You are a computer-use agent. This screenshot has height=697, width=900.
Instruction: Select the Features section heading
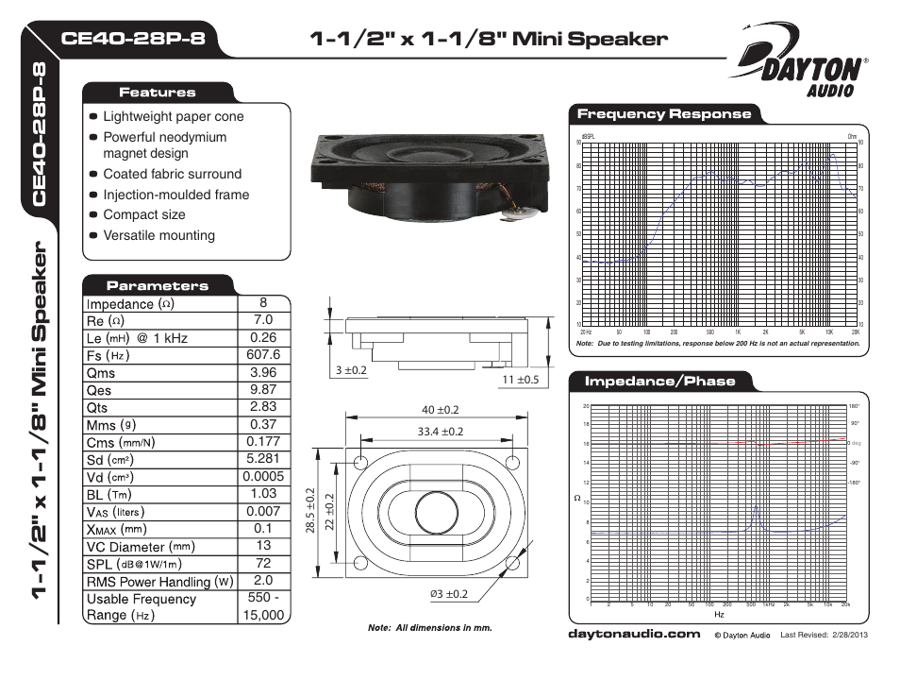[157, 93]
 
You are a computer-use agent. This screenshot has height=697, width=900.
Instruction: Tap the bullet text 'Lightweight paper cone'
[173, 117]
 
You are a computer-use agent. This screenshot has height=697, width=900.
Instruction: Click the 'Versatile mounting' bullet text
[158, 235]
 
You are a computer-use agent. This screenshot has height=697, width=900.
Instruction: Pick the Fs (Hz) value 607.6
[262, 355]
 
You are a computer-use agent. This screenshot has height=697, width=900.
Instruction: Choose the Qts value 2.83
[262, 407]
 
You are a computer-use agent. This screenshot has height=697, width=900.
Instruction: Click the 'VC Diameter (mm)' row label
[141, 547]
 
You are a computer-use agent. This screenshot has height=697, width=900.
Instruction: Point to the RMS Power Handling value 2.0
[262, 580]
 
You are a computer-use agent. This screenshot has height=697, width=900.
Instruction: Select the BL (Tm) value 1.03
[262, 493]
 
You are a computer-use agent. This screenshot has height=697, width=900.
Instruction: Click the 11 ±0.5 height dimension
[520, 380]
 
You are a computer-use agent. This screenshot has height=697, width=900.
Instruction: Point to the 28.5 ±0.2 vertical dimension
[310, 511]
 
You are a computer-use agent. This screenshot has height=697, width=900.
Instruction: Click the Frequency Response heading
[664, 114]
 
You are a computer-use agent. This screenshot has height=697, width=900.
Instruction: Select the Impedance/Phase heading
[659, 382]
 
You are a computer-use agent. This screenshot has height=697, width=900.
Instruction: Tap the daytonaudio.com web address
[633, 634]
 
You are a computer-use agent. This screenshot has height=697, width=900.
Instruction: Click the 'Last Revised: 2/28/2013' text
[823, 635]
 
